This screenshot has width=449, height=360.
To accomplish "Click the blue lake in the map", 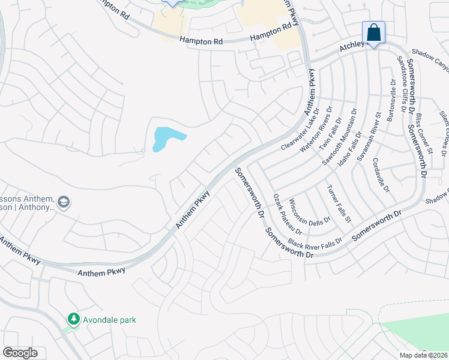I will coord(166,139).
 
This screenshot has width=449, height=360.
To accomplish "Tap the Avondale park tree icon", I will coord(73,319).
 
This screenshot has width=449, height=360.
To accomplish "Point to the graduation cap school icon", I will coord(64,203).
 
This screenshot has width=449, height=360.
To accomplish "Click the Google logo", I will coord(20,353).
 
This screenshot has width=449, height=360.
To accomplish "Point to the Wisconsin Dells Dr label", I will coord(310,211).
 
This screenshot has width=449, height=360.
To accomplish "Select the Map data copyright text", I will coord(423,355).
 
